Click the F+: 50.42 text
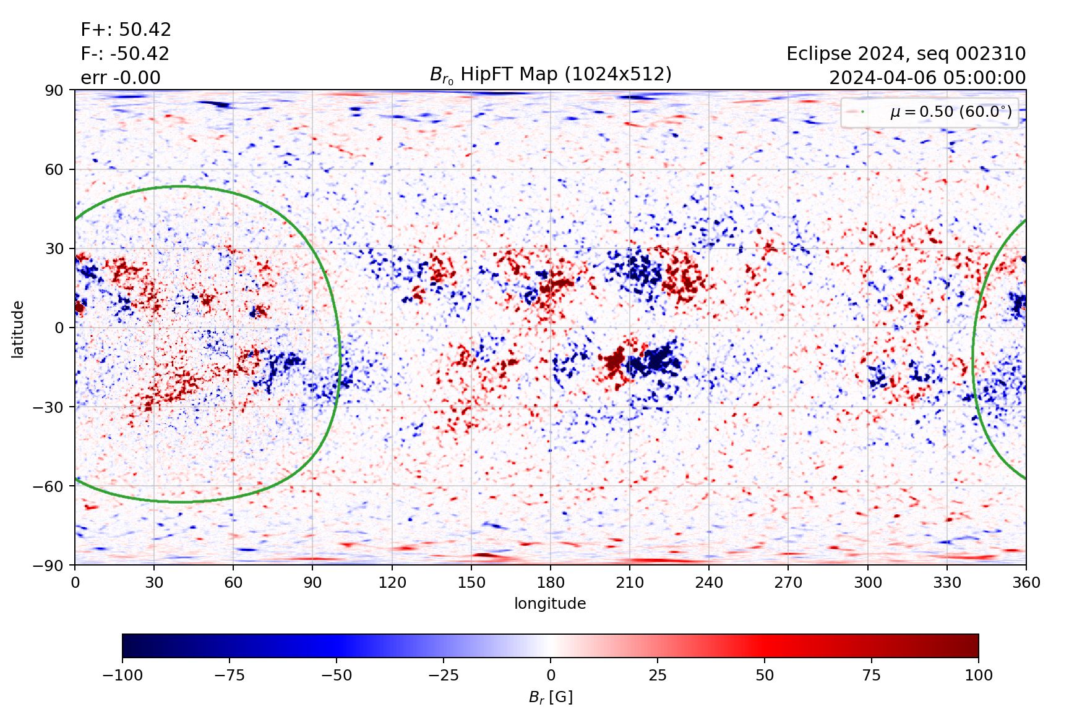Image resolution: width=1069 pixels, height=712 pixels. [x=126, y=30]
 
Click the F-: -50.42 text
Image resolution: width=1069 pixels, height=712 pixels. [x=124, y=54]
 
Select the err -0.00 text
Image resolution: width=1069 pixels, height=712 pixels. [x=120, y=78]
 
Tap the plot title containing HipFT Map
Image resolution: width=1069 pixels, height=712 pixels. [x=551, y=75]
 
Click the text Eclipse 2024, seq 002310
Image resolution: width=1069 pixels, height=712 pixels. [x=906, y=54]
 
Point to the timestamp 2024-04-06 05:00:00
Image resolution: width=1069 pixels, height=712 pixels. [x=927, y=78]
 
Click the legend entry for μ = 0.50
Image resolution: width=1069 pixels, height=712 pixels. [x=950, y=112]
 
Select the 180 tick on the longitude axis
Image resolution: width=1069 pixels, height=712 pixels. [x=551, y=582]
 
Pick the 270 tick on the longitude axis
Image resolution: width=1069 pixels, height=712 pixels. [x=788, y=582]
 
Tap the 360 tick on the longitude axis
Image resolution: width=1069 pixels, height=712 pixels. [x=1026, y=582]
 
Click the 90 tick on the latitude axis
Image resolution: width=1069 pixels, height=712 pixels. [x=54, y=90]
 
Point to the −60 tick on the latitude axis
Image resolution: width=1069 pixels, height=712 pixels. [x=49, y=486]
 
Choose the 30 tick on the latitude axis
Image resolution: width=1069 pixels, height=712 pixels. [x=54, y=248]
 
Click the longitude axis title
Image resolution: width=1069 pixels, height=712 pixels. [x=550, y=603]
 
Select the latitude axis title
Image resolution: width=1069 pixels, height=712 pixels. [x=18, y=329]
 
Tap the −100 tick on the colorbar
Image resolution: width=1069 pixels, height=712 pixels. [x=122, y=675]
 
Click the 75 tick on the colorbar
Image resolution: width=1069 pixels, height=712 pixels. [x=871, y=675]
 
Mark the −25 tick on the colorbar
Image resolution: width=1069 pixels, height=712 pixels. [x=444, y=675]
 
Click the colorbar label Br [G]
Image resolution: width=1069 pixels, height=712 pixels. [x=551, y=697]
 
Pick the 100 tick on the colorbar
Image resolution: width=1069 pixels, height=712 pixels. [x=978, y=675]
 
